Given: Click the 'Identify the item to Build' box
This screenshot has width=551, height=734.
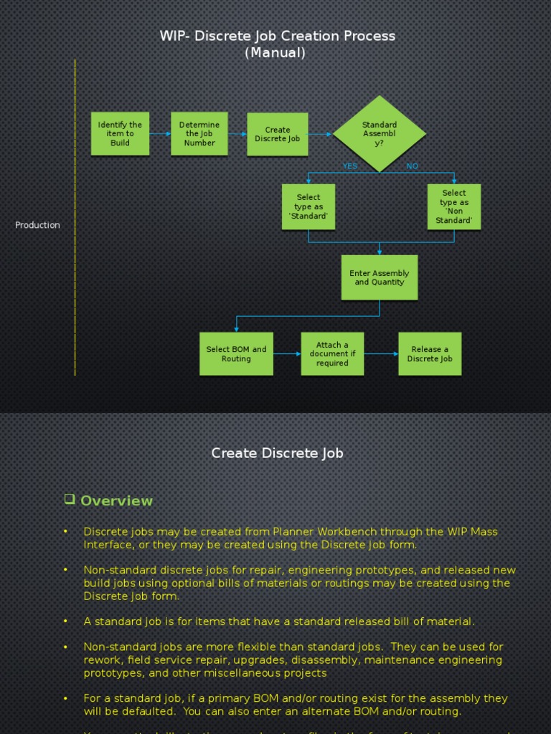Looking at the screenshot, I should point(120,133).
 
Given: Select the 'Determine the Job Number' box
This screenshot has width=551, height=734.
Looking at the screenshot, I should point(199,133).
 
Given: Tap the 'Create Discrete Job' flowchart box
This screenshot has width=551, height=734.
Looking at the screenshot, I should point(278,134).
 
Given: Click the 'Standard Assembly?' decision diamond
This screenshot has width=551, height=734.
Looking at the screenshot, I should point(379,133).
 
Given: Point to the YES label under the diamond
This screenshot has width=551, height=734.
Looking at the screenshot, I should point(350,166).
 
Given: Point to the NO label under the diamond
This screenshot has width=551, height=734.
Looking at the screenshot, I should point(412,166).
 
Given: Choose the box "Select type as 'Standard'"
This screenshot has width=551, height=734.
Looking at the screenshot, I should point(309,207).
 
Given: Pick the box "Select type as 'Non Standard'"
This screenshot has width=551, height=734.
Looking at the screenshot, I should point(453,207).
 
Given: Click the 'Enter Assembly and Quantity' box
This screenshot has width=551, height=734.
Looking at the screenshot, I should point(379,277).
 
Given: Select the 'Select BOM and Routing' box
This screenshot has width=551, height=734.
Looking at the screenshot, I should point(236,353).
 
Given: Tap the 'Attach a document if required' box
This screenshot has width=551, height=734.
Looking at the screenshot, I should point(332,353).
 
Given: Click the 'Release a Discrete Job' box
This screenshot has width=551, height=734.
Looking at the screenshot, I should point(430,353).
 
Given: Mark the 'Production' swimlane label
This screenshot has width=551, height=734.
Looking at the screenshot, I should point(37,225).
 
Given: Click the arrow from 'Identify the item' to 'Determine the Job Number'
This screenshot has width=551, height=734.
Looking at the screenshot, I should point(160,134).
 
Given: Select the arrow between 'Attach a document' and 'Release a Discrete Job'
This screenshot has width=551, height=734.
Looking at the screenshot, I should point(381,353).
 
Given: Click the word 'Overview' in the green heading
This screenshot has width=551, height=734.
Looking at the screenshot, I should point(116,501).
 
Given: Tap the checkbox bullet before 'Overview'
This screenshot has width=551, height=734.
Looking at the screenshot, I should point(70,499).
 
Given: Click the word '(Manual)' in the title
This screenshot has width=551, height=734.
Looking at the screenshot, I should point(275,53).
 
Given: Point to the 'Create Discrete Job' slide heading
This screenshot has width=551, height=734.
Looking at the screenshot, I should point(277,453).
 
